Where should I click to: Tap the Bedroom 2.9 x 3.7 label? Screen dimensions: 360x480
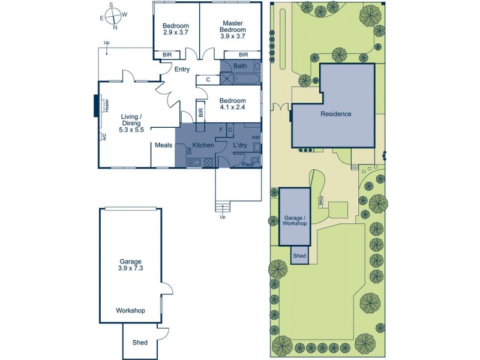176,29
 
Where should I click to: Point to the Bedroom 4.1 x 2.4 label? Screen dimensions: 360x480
232,104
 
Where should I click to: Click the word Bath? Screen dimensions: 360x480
240,66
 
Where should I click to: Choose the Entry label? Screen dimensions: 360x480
182,70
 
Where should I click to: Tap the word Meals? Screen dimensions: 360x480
164,145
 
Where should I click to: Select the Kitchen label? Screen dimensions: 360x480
203,145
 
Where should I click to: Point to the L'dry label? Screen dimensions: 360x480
241,145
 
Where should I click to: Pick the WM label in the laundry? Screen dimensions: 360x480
256,137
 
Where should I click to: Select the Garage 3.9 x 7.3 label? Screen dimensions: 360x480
130,266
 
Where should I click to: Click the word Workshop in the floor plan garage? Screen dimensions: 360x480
131,310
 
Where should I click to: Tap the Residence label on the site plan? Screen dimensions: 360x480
335,114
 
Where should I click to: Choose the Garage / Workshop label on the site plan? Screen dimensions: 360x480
295,219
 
